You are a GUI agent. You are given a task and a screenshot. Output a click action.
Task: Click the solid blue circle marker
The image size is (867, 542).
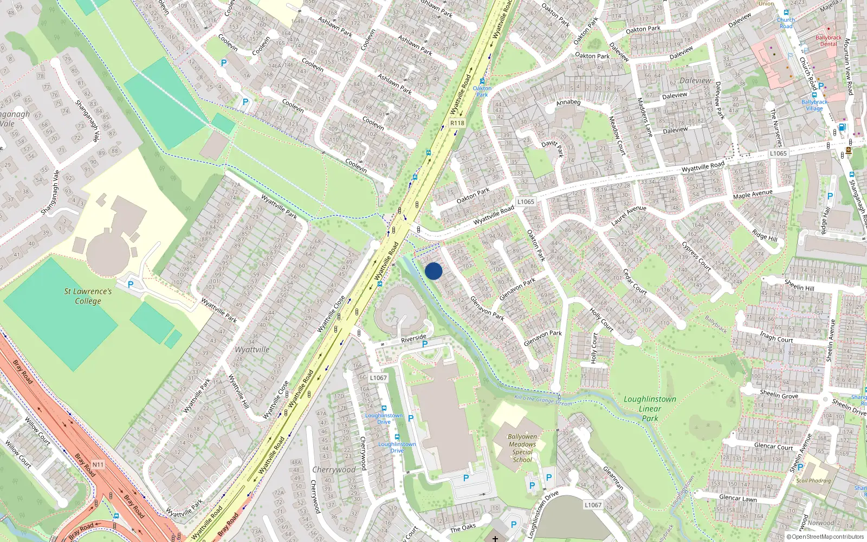pos(433,271)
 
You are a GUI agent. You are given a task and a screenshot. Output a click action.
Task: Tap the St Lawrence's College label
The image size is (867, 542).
pos(88,296)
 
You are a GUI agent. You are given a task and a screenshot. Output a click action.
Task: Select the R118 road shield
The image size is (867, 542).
pos(457,123)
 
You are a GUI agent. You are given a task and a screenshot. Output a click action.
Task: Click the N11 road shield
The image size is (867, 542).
pos(98,464)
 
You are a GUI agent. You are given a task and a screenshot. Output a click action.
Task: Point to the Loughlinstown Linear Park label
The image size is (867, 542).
pos(650,408)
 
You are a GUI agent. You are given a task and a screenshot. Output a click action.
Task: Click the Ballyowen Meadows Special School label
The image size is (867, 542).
pos(522,448)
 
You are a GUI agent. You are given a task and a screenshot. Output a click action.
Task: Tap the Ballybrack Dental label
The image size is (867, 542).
pos(829,41)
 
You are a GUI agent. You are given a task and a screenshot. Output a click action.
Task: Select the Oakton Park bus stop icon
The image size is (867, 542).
pos(482,81)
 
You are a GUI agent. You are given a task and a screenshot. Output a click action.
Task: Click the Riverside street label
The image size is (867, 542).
pos(413,338)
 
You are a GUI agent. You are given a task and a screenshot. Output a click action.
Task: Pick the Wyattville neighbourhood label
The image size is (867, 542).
pos(252,350)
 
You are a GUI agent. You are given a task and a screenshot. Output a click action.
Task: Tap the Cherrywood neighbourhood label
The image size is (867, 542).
pos(334,469)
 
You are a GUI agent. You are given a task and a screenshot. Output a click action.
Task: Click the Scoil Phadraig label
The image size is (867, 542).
pos(813,481)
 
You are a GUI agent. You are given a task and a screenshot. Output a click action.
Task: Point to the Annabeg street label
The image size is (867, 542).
pos(568,102)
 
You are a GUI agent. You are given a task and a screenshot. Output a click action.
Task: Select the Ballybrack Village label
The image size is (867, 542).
pos(814,105)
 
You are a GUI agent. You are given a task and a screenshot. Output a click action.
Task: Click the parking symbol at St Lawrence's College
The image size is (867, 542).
pos(130,284)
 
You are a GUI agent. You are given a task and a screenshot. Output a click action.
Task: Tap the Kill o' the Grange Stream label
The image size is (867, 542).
pos(543,401)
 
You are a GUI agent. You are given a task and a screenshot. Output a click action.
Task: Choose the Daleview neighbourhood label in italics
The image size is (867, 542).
pos(695,81)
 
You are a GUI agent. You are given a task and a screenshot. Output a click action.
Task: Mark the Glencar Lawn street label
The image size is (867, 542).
pos(737,498)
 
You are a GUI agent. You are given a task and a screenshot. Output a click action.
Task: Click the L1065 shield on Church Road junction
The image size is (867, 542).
pos(778,153)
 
